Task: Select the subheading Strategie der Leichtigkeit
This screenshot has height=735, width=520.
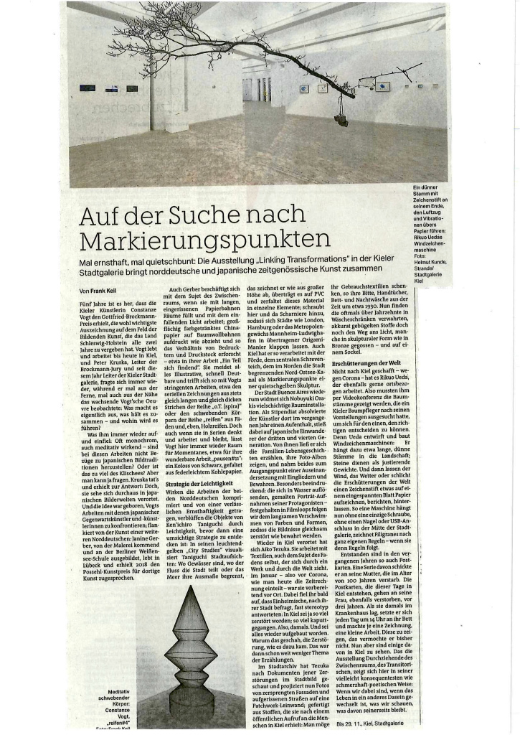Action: click(x=198, y=449)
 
